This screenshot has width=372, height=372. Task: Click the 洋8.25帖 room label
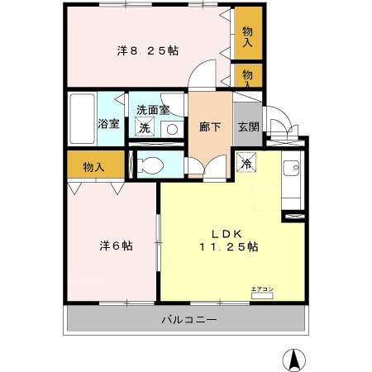[147, 51]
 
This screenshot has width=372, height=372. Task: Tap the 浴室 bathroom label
[109, 125]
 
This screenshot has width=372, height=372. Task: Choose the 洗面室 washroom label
[154, 109]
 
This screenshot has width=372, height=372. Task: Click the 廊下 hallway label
[210, 127]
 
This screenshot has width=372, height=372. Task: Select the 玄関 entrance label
[247, 126]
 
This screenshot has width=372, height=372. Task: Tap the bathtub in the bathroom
[82, 119]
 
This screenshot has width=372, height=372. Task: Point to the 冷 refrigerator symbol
[246, 163]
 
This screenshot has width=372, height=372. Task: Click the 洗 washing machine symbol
[145, 128]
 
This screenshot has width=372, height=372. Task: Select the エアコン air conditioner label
[261, 289]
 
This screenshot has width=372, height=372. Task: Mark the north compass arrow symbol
[293, 360]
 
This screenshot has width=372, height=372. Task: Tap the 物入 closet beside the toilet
[93, 167]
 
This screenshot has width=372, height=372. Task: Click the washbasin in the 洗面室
[171, 129]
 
